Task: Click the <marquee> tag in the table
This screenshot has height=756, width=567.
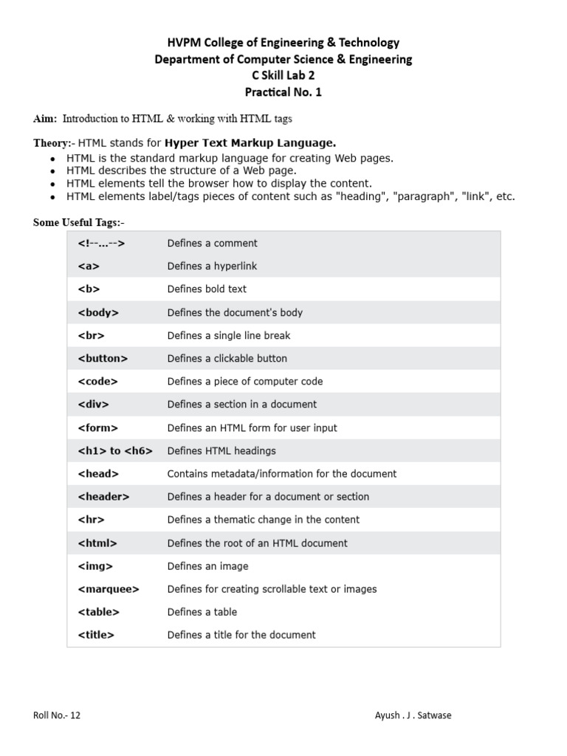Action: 108,589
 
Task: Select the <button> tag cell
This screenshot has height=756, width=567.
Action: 103,358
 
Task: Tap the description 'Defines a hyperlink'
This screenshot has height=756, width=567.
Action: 212,266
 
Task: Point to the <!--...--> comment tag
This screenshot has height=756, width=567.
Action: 101,243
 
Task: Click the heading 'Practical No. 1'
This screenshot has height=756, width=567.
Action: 283,92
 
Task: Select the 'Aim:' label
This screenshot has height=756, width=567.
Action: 45,119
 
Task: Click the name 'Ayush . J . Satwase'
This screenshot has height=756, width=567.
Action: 413,715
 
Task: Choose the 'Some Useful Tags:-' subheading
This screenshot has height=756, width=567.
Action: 83,223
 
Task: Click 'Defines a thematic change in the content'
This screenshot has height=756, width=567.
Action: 264,520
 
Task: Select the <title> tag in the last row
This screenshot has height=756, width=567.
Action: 96,635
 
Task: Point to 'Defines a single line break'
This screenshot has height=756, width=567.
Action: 229,335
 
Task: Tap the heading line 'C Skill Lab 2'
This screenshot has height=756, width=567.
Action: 283,76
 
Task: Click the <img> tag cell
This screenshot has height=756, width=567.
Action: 95,566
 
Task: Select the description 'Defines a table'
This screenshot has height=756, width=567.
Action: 202,612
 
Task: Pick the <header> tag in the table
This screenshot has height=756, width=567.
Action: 103,497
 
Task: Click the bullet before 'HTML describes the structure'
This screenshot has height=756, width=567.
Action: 52,171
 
